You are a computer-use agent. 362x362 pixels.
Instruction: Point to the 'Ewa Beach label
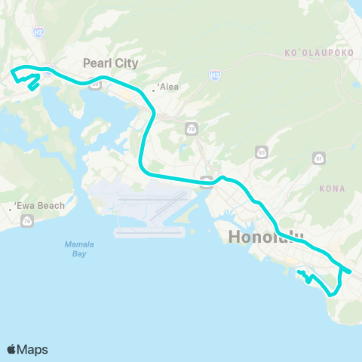pos(38,205)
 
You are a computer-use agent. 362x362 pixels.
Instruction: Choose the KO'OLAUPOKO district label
pos(313,54)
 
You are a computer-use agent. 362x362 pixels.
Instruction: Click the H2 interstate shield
pos(38,32)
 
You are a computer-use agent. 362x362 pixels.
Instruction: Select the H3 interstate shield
pos(215,75)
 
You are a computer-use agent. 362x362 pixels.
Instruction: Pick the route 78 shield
pos(192,128)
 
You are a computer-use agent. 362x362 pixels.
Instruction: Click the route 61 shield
pos(319,158)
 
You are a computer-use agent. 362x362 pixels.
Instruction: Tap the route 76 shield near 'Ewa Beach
pos(28,220)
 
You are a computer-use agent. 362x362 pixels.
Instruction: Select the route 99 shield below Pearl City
pos(96,85)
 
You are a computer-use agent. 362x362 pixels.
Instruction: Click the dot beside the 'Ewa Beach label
pos(10,208)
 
